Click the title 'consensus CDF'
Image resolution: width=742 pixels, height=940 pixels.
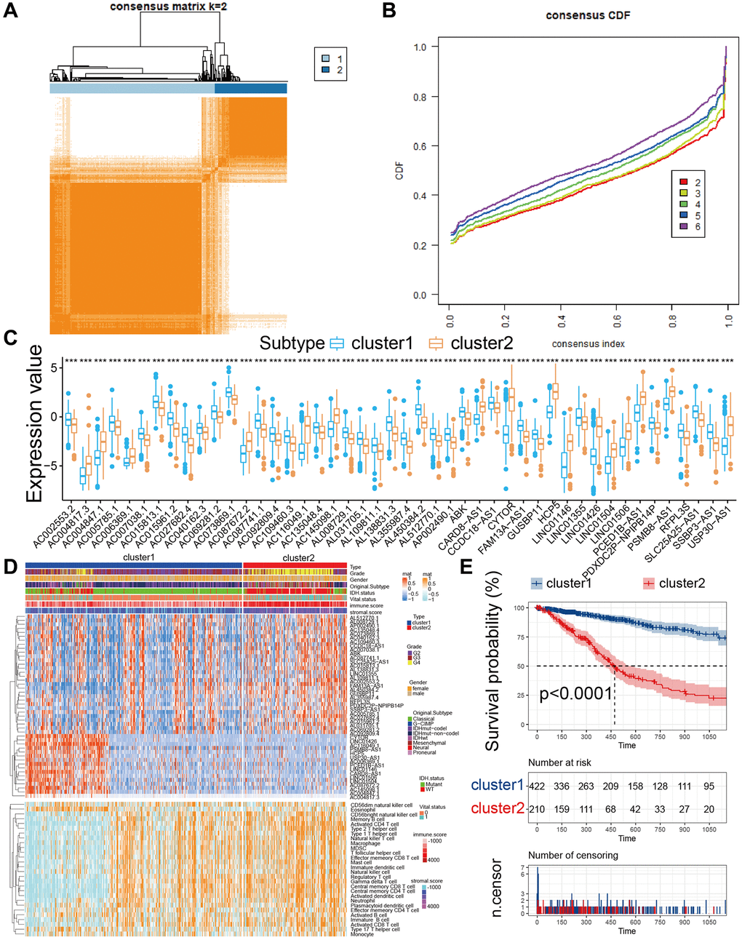tap(588, 15)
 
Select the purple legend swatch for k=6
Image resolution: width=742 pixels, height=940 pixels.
tap(683, 227)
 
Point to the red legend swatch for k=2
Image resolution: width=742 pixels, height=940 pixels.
tap(683, 183)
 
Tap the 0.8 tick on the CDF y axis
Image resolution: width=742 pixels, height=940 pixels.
tap(420, 97)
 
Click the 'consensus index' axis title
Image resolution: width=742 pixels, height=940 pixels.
tap(588, 343)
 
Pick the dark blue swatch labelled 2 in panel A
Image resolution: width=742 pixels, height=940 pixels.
tap(325, 70)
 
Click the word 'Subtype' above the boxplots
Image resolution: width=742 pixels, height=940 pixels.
tap(292, 343)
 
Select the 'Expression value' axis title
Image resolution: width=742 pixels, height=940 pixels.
tap(34, 424)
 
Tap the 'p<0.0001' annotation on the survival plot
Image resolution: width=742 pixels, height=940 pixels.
tap(575, 693)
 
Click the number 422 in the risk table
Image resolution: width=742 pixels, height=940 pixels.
tap(537, 786)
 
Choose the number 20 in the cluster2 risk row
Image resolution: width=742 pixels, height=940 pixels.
tap(709, 808)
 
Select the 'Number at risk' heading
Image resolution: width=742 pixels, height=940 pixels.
tap(559, 762)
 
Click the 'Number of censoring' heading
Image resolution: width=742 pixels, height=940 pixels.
tap(573, 855)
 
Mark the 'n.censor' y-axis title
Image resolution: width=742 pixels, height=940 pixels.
tap(497, 888)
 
